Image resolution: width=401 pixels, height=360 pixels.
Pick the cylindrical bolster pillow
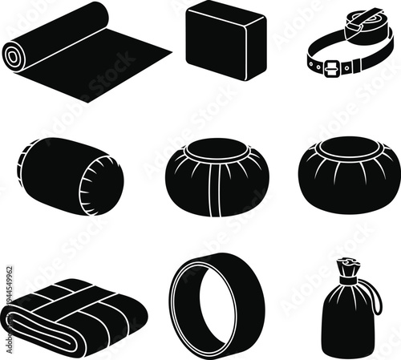click(71, 176)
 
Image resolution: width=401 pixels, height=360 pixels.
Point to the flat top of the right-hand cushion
click(349, 148)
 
